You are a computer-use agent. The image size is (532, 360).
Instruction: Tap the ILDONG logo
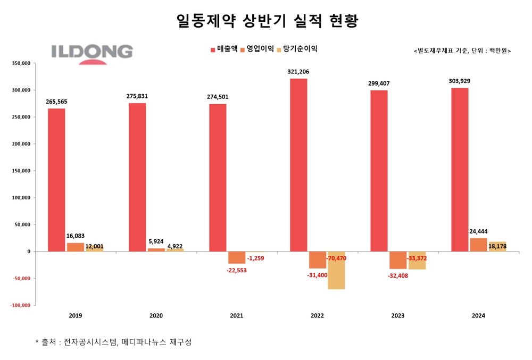pyautogui.click(x=92, y=54)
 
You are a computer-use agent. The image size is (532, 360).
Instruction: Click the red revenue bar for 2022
pyautogui.click(x=298, y=165)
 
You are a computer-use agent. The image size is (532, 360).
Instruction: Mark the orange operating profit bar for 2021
pyautogui.click(x=237, y=257)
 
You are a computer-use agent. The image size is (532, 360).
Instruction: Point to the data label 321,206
pyautogui.click(x=298, y=72)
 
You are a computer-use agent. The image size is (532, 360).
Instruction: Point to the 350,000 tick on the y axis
pyautogui.click(x=21, y=63)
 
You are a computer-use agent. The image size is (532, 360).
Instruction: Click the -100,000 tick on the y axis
pyautogui.click(x=20, y=305)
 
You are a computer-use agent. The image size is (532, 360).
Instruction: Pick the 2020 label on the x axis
pyautogui.click(x=156, y=315)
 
